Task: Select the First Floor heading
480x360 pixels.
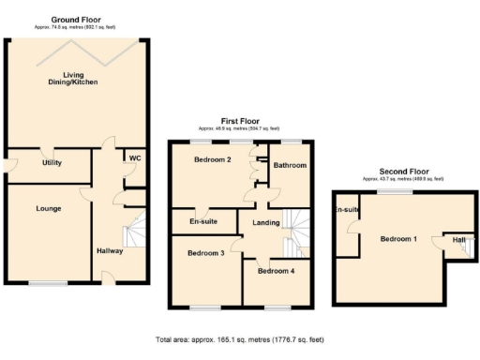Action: (x=241, y=121)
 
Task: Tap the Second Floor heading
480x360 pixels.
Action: (x=404, y=172)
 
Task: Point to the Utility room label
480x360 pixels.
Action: (x=52, y=162)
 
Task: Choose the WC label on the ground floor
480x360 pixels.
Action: (x=134, y=157)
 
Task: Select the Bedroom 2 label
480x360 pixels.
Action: (x=212, y=159)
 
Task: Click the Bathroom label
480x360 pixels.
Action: (x=291, y=165)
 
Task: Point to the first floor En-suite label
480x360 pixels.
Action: (x=203, y=221)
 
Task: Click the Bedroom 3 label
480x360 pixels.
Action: (x=205, y=253)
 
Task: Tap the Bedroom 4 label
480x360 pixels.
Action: (x=276, y=271)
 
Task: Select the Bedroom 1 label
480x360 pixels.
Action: (x=398, y=239)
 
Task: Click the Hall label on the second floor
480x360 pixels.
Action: (x=457, y=240)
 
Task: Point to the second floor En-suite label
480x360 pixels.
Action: (x=347, y=210)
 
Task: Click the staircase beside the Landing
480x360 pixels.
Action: (x=297, y=230)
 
